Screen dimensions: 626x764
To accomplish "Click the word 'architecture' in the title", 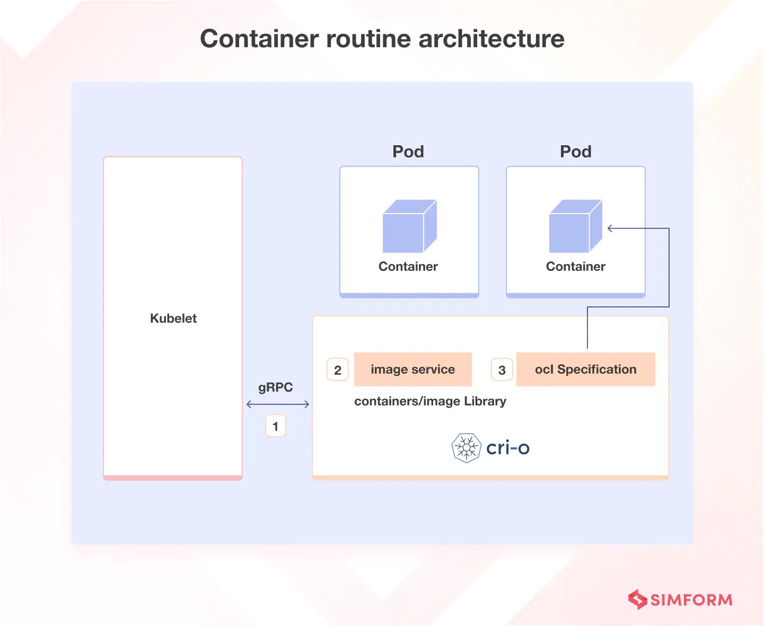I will click(x=491, y=39).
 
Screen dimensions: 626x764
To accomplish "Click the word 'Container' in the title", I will click(x=260, y=39).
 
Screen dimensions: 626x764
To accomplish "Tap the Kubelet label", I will click(x=173, y=319).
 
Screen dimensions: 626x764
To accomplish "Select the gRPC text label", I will click(x=275, y=387).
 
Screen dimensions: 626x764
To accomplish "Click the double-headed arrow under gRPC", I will click(x=278, y=404).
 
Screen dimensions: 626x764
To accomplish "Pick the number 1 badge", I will click(x=275, y=426).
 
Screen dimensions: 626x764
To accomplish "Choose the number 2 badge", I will click(x=338, y=370).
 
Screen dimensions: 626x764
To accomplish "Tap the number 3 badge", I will click(x=502, y=370).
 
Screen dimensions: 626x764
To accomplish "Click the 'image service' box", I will click(x=412, y=369).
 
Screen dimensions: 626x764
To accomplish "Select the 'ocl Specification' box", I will click(x=585, y=369).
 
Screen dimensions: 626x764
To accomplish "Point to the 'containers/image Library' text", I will click(x=430, y=401).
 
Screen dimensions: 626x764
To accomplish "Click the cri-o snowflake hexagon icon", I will click(x=466, y=448).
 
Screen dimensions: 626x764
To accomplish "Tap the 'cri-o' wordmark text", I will click(x=507, y=448).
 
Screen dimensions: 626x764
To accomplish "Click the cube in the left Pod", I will click(x=409, y=226).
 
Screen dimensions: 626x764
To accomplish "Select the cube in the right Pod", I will click(x=576, y=226).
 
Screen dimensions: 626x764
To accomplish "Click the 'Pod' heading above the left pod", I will click(x=408, y=152).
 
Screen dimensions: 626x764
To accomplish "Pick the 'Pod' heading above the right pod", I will click(x=576, y=152).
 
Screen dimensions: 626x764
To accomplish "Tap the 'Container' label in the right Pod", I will click(x=576, y=267).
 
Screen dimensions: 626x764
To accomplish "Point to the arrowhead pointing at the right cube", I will click(x=610, y=228).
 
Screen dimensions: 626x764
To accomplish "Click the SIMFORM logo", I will click(x=680, y=599).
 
